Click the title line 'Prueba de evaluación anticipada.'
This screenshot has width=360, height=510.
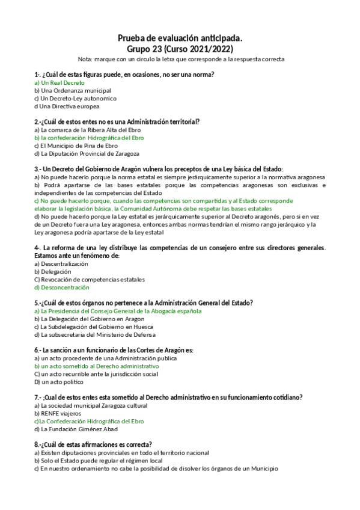(180, 38)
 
